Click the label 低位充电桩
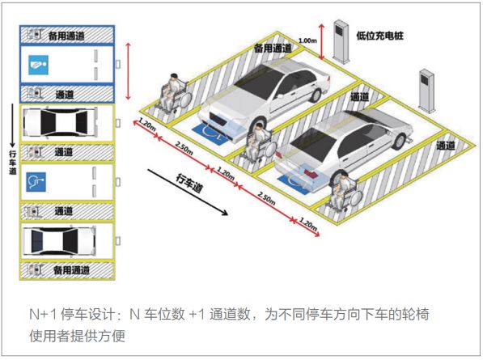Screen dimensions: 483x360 point(379,36)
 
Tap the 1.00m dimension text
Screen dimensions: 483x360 point(307,40)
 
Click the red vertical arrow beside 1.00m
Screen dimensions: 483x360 point(321,42)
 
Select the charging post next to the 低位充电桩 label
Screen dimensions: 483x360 point(341,41)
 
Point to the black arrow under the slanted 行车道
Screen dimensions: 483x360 point(187,192)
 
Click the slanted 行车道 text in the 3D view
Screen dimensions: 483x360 point(189,183)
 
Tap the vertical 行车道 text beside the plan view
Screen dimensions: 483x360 point(13,163)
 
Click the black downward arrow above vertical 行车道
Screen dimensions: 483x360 point(12,125)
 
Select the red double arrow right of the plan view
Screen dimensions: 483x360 point(129,71)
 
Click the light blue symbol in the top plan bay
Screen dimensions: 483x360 point(39,65)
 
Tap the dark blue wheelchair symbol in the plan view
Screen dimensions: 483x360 point(36,182)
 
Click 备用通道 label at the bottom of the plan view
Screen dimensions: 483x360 point(71,270)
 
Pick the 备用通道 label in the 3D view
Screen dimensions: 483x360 point(273,48)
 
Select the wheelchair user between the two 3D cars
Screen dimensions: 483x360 point(258,141)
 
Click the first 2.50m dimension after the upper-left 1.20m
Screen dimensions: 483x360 point(184,148)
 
